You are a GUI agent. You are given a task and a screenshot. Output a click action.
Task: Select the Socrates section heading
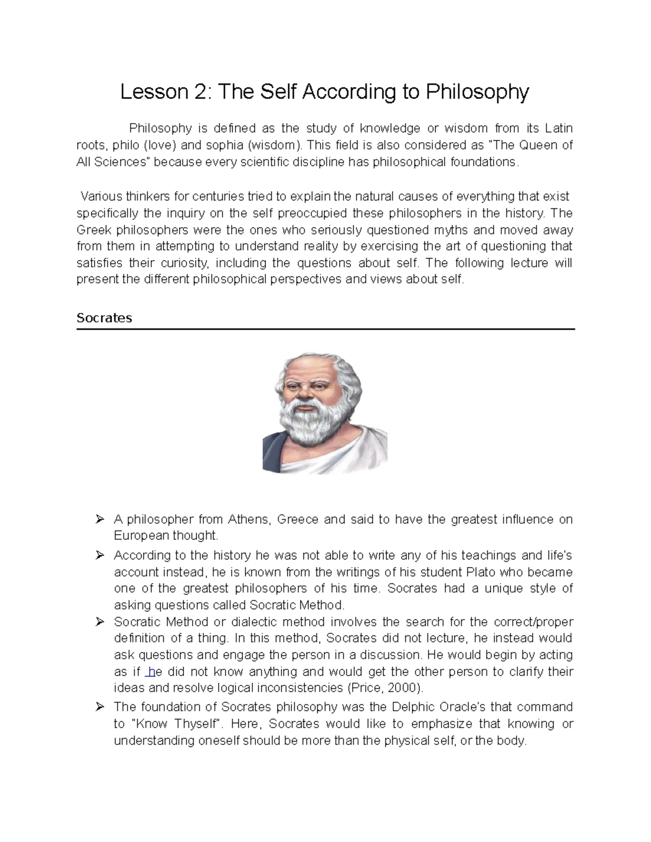[104, 318]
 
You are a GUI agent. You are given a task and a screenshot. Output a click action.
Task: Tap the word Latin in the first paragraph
[558, 128]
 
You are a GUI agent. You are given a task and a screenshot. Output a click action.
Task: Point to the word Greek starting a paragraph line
[93, 229]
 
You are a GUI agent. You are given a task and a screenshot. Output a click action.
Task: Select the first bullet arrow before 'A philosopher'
[99, 519]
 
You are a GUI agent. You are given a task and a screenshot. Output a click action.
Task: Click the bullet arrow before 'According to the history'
[99, 555]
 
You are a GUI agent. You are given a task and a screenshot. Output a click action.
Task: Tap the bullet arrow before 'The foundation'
[99, 707]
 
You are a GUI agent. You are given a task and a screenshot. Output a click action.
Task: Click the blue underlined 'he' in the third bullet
[152, 672]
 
